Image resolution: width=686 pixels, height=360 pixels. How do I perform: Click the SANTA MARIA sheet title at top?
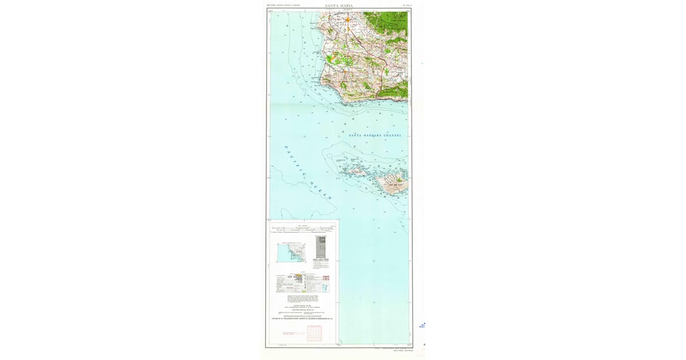tap(338, 6)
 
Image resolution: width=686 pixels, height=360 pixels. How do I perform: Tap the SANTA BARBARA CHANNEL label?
tap(375, 135)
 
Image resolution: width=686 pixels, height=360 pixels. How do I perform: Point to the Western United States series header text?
tap(284, 6)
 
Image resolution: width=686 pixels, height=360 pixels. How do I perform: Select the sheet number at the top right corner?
tap(406, 6)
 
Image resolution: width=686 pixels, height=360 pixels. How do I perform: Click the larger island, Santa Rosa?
tap(391, 183)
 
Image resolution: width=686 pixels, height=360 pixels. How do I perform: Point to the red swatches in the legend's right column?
tap(326, 278)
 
